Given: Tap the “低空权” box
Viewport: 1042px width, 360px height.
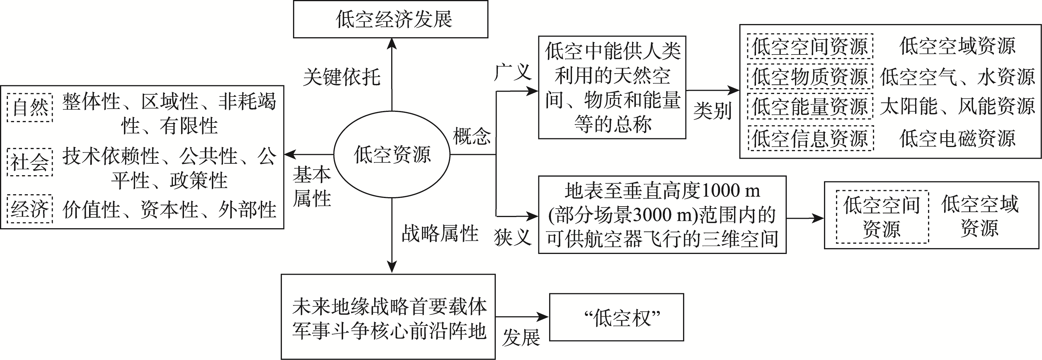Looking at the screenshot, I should tap(616, 318).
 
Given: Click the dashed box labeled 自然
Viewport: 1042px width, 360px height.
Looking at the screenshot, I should tap(30, 107).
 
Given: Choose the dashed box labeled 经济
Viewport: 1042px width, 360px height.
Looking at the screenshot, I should tap(30, 209).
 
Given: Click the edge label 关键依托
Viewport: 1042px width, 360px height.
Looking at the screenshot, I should tap(342, 77).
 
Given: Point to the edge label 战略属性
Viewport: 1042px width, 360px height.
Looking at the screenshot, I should tap(440, 233).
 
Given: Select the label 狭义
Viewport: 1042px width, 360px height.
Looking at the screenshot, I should tap(512, 237).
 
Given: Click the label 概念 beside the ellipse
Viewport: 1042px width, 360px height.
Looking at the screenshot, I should tap(472, 136).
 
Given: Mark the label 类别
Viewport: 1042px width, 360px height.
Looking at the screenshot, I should tap(712, 110).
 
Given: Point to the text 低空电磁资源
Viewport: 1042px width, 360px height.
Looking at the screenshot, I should tap(957, 138).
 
